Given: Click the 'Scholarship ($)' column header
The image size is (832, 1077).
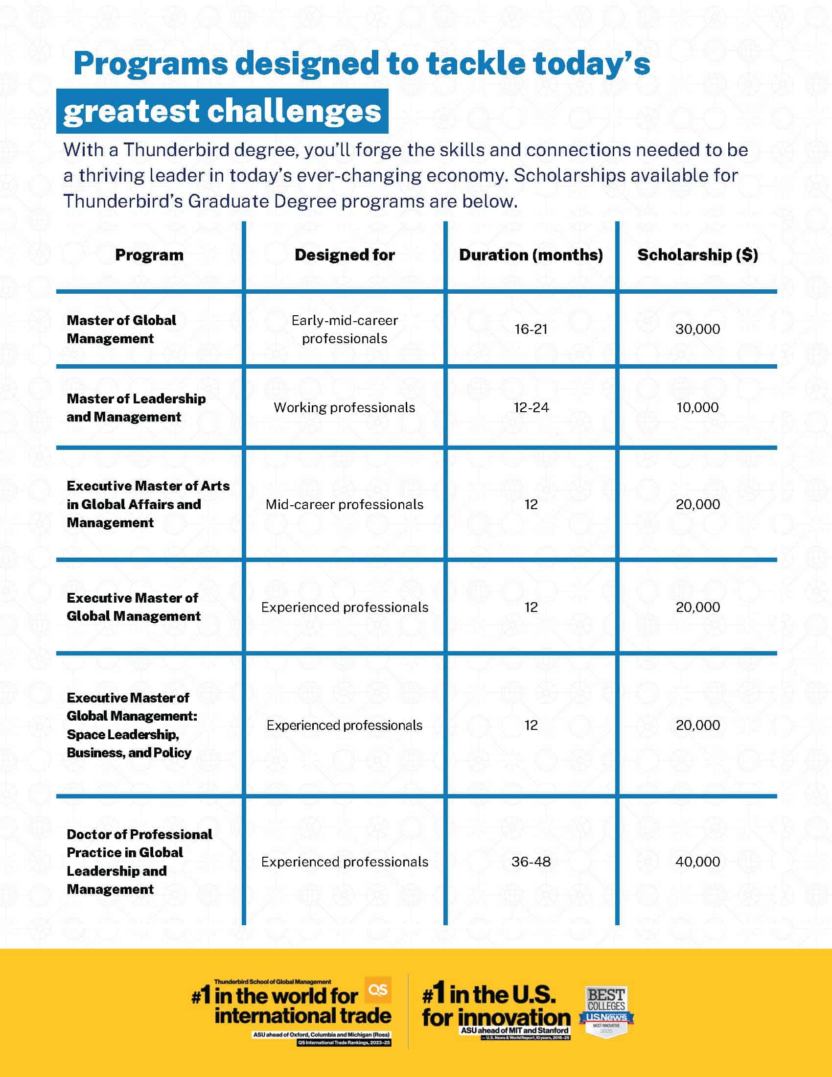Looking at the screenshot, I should pos(697,255).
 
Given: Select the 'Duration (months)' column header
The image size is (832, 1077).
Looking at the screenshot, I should pos(531,255).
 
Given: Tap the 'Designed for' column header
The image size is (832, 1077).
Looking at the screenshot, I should pos(345,255).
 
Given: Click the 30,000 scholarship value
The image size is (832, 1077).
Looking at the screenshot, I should pos(697,329).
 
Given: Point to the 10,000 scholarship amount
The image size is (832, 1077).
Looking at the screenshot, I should pos(697,407).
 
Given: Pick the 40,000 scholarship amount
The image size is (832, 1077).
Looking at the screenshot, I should pos(697,862).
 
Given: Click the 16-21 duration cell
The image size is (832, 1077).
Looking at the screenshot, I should pos(531,329).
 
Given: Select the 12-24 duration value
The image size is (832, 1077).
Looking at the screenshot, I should pos(531,407).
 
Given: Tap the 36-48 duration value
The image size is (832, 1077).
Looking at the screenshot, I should pos(531,862).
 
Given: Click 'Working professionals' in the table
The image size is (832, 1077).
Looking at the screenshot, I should pos(345,407).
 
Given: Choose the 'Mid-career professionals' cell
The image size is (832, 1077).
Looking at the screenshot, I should pos(345,504).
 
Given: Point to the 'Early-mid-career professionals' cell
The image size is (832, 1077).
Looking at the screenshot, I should pos(345,329).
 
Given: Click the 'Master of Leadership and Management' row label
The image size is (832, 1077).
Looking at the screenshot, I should pos(136,407).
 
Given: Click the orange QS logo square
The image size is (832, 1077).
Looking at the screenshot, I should pos(378,990).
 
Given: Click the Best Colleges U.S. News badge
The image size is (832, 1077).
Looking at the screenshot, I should pos(606,1011).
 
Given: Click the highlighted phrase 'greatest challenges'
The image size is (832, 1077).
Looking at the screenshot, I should pos(222,111).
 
